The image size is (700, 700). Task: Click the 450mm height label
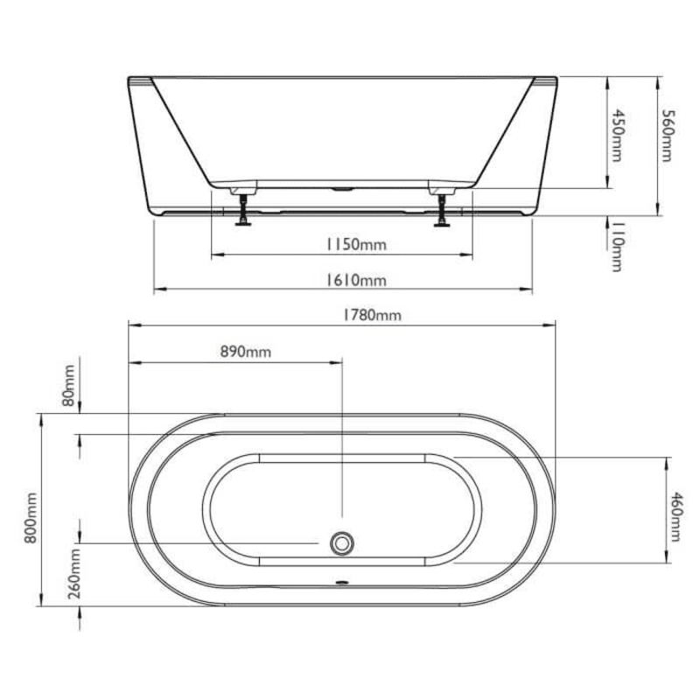point(618,136)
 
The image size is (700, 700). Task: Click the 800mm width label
point(32,518)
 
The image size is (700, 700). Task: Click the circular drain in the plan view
point(340,543)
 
